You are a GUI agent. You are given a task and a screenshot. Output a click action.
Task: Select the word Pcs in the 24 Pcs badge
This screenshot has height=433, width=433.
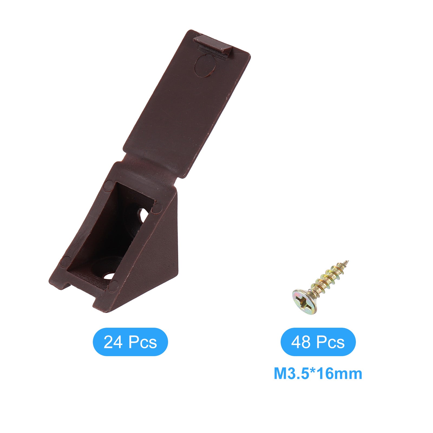[x=142, y=342]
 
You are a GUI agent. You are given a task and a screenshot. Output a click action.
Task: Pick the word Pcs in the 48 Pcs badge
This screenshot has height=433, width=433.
[x=330, y=342]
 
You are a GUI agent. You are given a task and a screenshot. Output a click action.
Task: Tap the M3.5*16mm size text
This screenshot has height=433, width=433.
[x=318, y=374]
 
